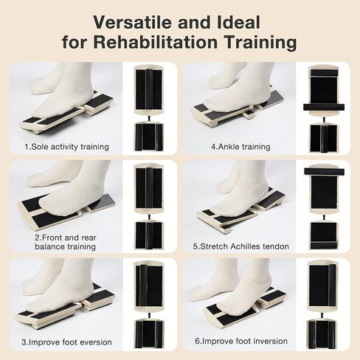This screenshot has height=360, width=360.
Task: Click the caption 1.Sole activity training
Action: (x=66, y=146)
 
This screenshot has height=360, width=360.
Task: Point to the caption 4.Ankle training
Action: (x=240, y=146)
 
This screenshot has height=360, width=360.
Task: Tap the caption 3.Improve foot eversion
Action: (x=68, y=342)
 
